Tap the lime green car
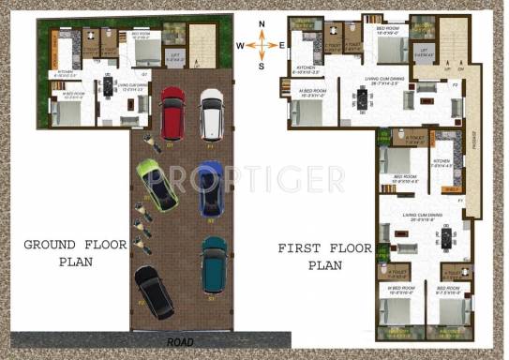157,183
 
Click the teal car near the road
214,262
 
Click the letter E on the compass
281,44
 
